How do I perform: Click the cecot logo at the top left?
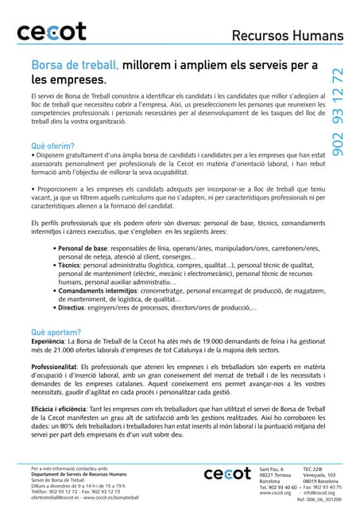point(52,33)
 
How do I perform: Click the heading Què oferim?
point(52,146)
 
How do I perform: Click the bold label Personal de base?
point(85,249)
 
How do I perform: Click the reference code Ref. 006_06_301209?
point(318,500)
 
